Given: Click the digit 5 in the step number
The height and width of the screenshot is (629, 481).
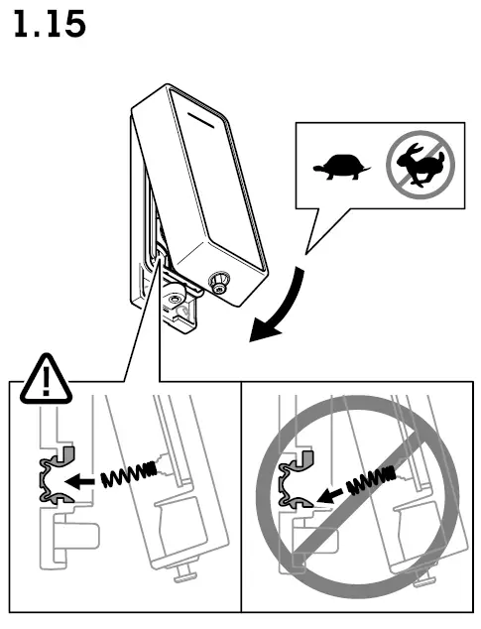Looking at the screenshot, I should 72,24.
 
